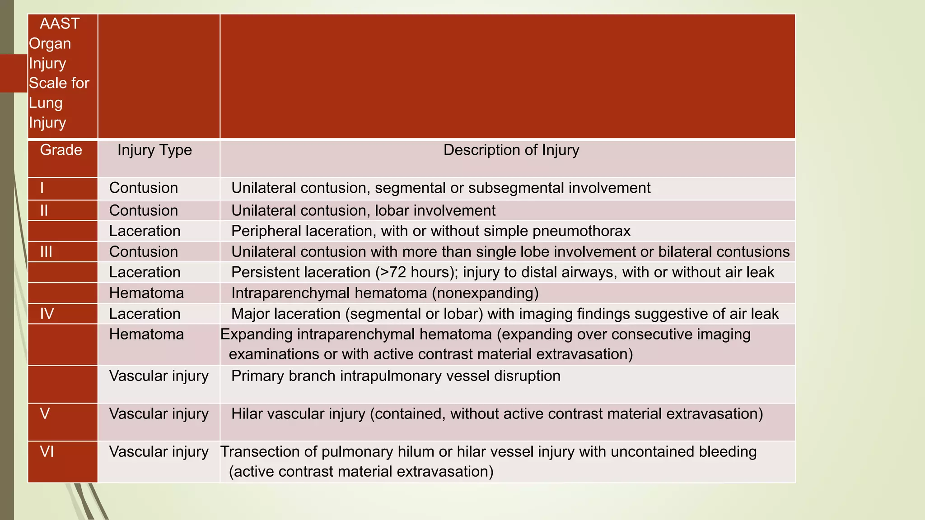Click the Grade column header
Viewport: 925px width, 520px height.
tap(61, 150)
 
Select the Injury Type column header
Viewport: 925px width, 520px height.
tap(154, 150)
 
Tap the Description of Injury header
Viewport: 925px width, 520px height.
tap(511, 150)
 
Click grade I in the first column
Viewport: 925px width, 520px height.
tap(42, 188)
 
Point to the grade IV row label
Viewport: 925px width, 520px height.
tap(47, 314)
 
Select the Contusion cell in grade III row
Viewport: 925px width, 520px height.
tap(144, 252)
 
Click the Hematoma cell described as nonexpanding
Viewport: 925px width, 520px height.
tap(146, 293)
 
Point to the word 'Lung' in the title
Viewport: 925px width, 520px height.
tap(46, 103)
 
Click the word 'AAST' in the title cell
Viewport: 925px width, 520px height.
tap(60, 23)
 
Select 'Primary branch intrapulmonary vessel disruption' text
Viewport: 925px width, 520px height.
tap(395, 376)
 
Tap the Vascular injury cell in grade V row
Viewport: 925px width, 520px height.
tap(159, 414)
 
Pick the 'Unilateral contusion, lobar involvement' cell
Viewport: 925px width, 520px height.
tap(363, 211)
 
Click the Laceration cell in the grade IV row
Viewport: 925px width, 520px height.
tap(145, 314)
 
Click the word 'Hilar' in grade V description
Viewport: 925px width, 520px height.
tap(247, 414)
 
